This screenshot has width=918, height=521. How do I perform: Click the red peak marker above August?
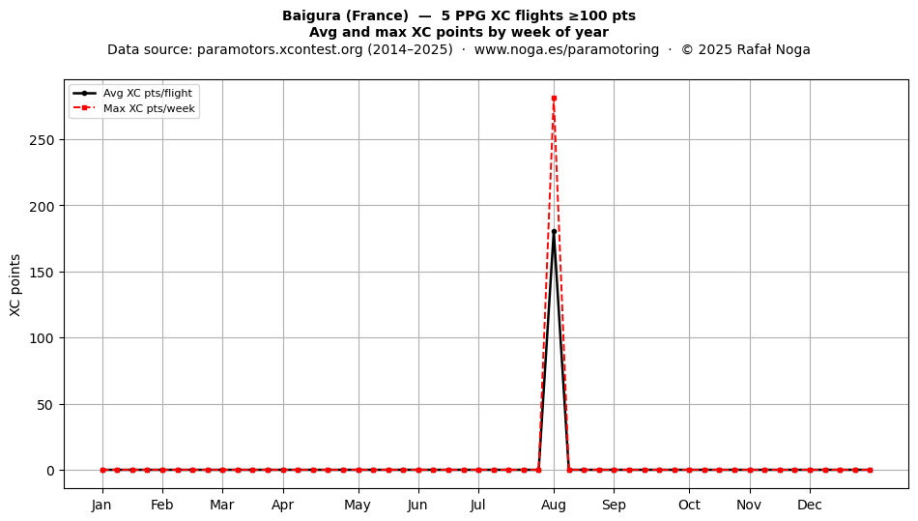tap(554, 99)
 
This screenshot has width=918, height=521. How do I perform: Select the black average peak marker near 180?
tap(554, 232)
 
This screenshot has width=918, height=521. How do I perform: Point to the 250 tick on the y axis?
tap(43, 140)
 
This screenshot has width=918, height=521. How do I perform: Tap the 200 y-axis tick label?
tap(43, 206)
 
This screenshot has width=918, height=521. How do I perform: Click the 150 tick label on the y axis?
tap(43, 273)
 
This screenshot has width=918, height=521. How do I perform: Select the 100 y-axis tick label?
tap(43, 338)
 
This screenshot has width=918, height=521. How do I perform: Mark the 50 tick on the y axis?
tap(45, 404)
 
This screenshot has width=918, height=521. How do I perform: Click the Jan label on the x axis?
tap(101, 505)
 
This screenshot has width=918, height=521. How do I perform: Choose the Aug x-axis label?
tap(554, 505)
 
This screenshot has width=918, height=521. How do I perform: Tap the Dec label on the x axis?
tap(811, 505)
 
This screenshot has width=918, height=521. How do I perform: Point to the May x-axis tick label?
tap(358, 505)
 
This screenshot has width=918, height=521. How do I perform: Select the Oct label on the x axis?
tap(689, 505)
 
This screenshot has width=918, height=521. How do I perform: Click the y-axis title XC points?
tap(15, 285)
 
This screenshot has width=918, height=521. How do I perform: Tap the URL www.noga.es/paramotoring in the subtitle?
tap(566, 49)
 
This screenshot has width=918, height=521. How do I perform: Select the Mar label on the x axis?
tap(222, 505)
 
